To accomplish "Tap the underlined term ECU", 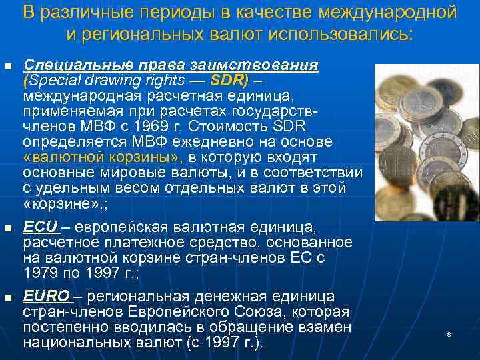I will tap(40, 227).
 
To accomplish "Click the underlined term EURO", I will tap(46, 297).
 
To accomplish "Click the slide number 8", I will tap(449, 333).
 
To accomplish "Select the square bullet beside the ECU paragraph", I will tap(8, 229).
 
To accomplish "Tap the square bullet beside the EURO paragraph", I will tap(8, 298).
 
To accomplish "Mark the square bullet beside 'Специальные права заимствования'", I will tap(8, 67).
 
